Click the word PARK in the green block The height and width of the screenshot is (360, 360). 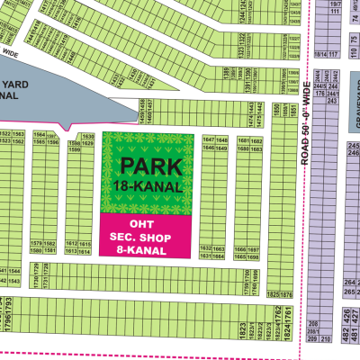[150, 165]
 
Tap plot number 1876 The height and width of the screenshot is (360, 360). [286, 295]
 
